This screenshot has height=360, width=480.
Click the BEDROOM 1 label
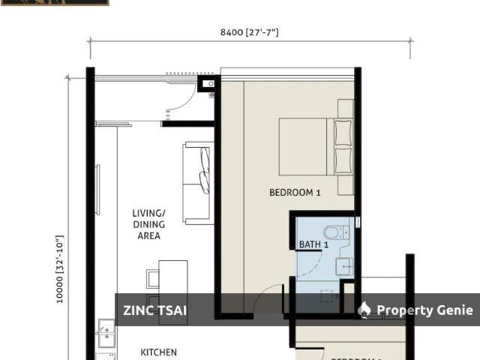point(295,193)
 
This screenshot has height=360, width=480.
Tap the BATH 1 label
point(313,244)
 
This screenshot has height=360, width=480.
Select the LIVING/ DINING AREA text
point(148,224)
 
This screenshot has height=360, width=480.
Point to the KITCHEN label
point(159,352)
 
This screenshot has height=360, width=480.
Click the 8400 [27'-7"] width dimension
point(250,32)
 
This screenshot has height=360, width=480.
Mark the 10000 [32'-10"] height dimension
point(60,269)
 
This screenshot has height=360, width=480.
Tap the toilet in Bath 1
point(332,231)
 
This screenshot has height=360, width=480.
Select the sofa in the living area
point(199,183)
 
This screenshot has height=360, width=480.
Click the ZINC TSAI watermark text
point(155,310)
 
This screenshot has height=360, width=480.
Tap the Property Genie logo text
point(424,310)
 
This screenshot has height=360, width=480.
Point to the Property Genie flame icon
point(364,310)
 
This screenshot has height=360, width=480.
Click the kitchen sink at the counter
point(106,331)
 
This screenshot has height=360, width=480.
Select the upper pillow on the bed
point(343,133)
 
